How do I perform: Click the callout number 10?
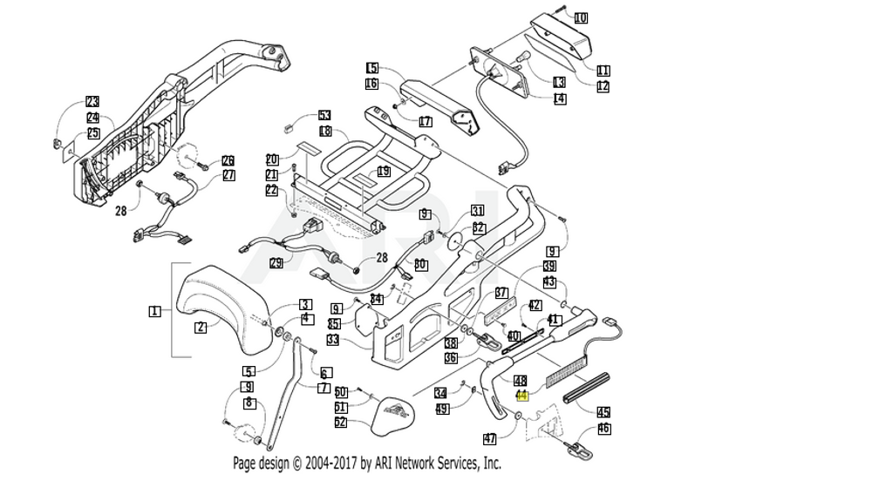pyautogui.click(x=581, y=17)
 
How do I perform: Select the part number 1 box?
pyautogui.click(x=154, y=311)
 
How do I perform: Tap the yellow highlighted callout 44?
pyautogui.click(x=522, y=395)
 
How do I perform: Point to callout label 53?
pyautogui.click(x=324, y=116)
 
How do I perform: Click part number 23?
pyautogui.click(x=92, y=102)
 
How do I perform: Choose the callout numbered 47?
pyautogui.click(x=490, y=438)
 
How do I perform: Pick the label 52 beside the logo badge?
pyautogui.click(x=341, y=423)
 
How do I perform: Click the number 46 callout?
pyautogui.click(x=603, y=429)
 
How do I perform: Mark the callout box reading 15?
pyautogui.click(x=372, y=68)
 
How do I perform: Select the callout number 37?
pyautogui.click(x=501, y=293)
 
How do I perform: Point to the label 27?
pyautogui.click(x=228, y=175)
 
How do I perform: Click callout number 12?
pyautogui.click(x=603, y=86)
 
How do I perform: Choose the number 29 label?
pyautogui.click(x=276, y=263)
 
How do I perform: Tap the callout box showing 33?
pyautogui.click(x=333, y=340)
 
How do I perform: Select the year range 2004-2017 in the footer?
pyautogui.click(x=325, y=464)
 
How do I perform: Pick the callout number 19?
pyautogui.click(x=383, y=172)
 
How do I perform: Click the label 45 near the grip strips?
pyautogui.click(x=603, y=411)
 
